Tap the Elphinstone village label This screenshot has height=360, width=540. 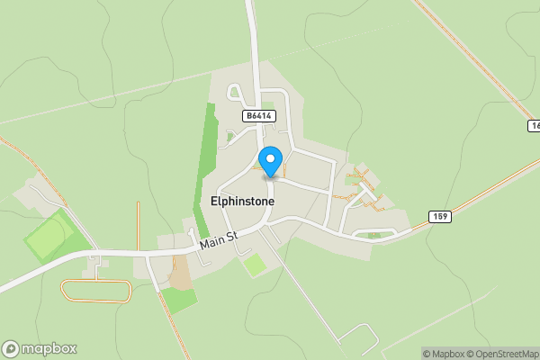(242, 202)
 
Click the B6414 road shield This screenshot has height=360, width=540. (258, 116)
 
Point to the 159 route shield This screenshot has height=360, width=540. (439, 216)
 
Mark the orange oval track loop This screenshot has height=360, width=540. (95, 290)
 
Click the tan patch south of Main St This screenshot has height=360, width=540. (180, 273)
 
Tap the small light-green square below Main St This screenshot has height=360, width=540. (255, 265)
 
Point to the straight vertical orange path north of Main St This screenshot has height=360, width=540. (138, 225)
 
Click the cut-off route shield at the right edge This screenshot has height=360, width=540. (535, 126)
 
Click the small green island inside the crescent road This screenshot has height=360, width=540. (375, 236)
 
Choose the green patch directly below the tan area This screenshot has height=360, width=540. (178, 300)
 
